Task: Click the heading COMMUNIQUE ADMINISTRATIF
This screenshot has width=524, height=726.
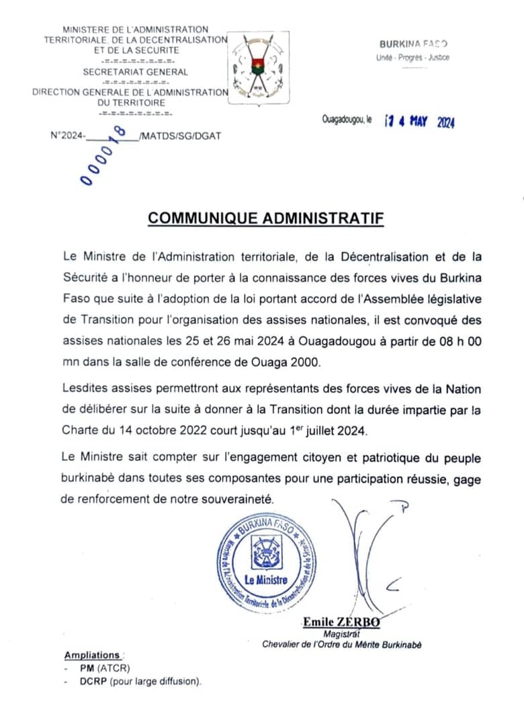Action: pos(265,218)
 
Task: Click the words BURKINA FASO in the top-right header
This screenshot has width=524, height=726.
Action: pos(414,44)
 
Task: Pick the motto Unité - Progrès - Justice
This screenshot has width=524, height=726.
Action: pos(412,58)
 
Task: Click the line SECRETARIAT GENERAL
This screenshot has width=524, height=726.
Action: pos(136,72)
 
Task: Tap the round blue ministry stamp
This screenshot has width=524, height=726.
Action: pos(267,562)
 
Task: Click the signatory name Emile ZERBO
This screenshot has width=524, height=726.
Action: pos(341,622)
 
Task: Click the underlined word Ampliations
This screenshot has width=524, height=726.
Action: pos(92,655)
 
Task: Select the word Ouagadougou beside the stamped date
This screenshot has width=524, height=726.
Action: pos(343,119)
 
